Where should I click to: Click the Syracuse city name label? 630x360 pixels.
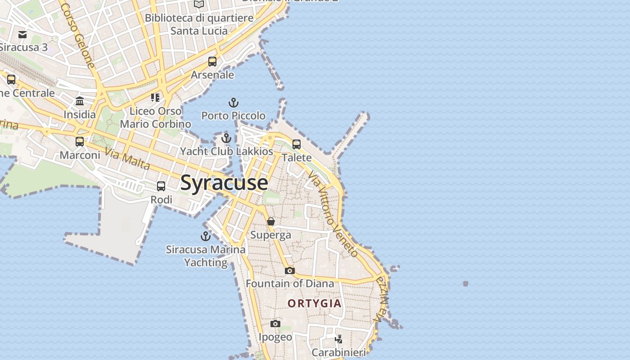(224, 183)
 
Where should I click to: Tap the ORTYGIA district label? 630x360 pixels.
(315, 304)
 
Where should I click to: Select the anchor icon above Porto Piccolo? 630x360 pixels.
(233, 103)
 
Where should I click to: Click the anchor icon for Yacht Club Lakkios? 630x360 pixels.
(226, 138)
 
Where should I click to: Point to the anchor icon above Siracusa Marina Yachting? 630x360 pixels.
(205, 236)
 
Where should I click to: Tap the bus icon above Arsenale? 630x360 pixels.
(212, 62)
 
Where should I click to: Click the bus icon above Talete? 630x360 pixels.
(297, 144)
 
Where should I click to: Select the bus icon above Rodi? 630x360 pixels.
(161, 186)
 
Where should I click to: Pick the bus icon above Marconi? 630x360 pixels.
(80, 142)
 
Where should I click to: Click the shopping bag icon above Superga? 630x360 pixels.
(271, 221)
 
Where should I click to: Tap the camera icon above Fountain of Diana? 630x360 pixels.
(290, 270)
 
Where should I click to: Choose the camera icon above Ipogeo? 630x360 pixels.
(275, 324)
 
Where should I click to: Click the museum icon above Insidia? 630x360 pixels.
(80, 101)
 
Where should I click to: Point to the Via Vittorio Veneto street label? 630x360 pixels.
(333, 215)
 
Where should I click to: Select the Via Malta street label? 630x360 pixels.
(127, 158)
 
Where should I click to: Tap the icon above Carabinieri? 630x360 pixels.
(339, 339)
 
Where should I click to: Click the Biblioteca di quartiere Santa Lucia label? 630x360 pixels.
(199, 25)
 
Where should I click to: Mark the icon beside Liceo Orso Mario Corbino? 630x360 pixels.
(155, 98)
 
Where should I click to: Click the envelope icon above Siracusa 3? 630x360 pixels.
(22, 35)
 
